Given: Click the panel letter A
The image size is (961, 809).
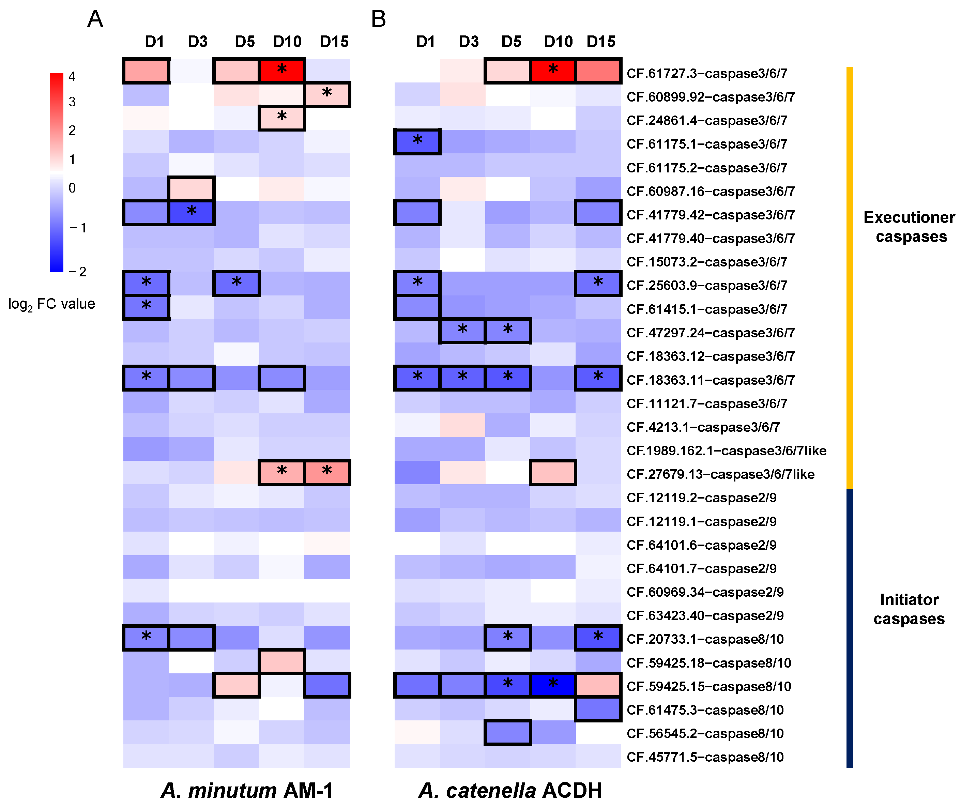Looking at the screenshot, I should [x=95, y=19].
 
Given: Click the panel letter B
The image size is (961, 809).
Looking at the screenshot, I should [x=379, y=19].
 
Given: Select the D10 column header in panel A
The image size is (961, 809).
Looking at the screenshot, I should [x=287, y=42].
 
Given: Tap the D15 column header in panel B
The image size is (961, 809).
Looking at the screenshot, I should [x=601, y=42].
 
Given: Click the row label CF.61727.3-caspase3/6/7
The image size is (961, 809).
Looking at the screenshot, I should [x=707, y=73].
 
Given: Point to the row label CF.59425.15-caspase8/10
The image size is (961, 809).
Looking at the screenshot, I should [x=709, y=687].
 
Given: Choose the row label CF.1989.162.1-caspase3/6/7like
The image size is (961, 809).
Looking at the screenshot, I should [x=727, y=451].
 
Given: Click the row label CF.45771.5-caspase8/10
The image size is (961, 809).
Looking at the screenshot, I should [x=705, y=757].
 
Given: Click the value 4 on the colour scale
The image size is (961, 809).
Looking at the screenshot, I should [x=72, y=77].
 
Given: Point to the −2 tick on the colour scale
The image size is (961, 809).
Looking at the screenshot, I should [x=78, y=272].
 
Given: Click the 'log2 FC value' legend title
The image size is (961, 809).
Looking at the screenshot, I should [x=52, y=304].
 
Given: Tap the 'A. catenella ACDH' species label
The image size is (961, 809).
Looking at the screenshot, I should [x=510, y=790].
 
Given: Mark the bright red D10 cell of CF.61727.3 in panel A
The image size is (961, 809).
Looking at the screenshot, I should [x=281, y=71].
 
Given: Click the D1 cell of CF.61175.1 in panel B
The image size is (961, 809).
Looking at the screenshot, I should [x=417, y=142].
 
